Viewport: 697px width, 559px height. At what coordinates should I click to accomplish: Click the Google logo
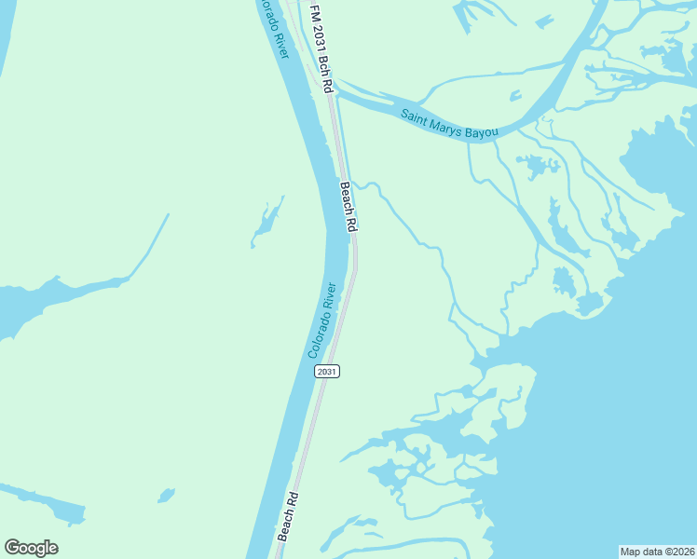click(31, 548)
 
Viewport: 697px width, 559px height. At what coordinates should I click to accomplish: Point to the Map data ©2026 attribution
click(657, 552)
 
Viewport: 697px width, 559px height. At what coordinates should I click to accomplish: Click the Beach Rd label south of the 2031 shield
click(288, 517)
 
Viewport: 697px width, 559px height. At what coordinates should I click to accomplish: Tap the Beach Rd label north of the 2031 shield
click(348, 207)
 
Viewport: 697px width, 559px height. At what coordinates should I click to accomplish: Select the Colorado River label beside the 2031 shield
click(321, 320)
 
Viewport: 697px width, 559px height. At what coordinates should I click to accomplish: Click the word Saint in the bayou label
click(417, 116)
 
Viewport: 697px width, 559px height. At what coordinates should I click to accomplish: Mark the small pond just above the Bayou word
click(515, 95)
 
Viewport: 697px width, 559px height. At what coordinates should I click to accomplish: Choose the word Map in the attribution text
click(631, 552)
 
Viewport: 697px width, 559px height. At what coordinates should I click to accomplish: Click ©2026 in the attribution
click(676, 552)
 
